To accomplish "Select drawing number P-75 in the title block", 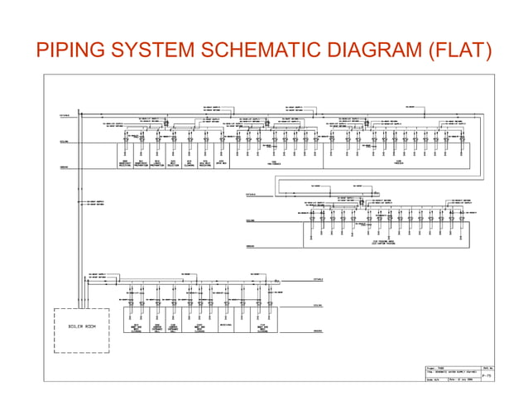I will [486, 374].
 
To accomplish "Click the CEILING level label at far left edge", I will [64, 142].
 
